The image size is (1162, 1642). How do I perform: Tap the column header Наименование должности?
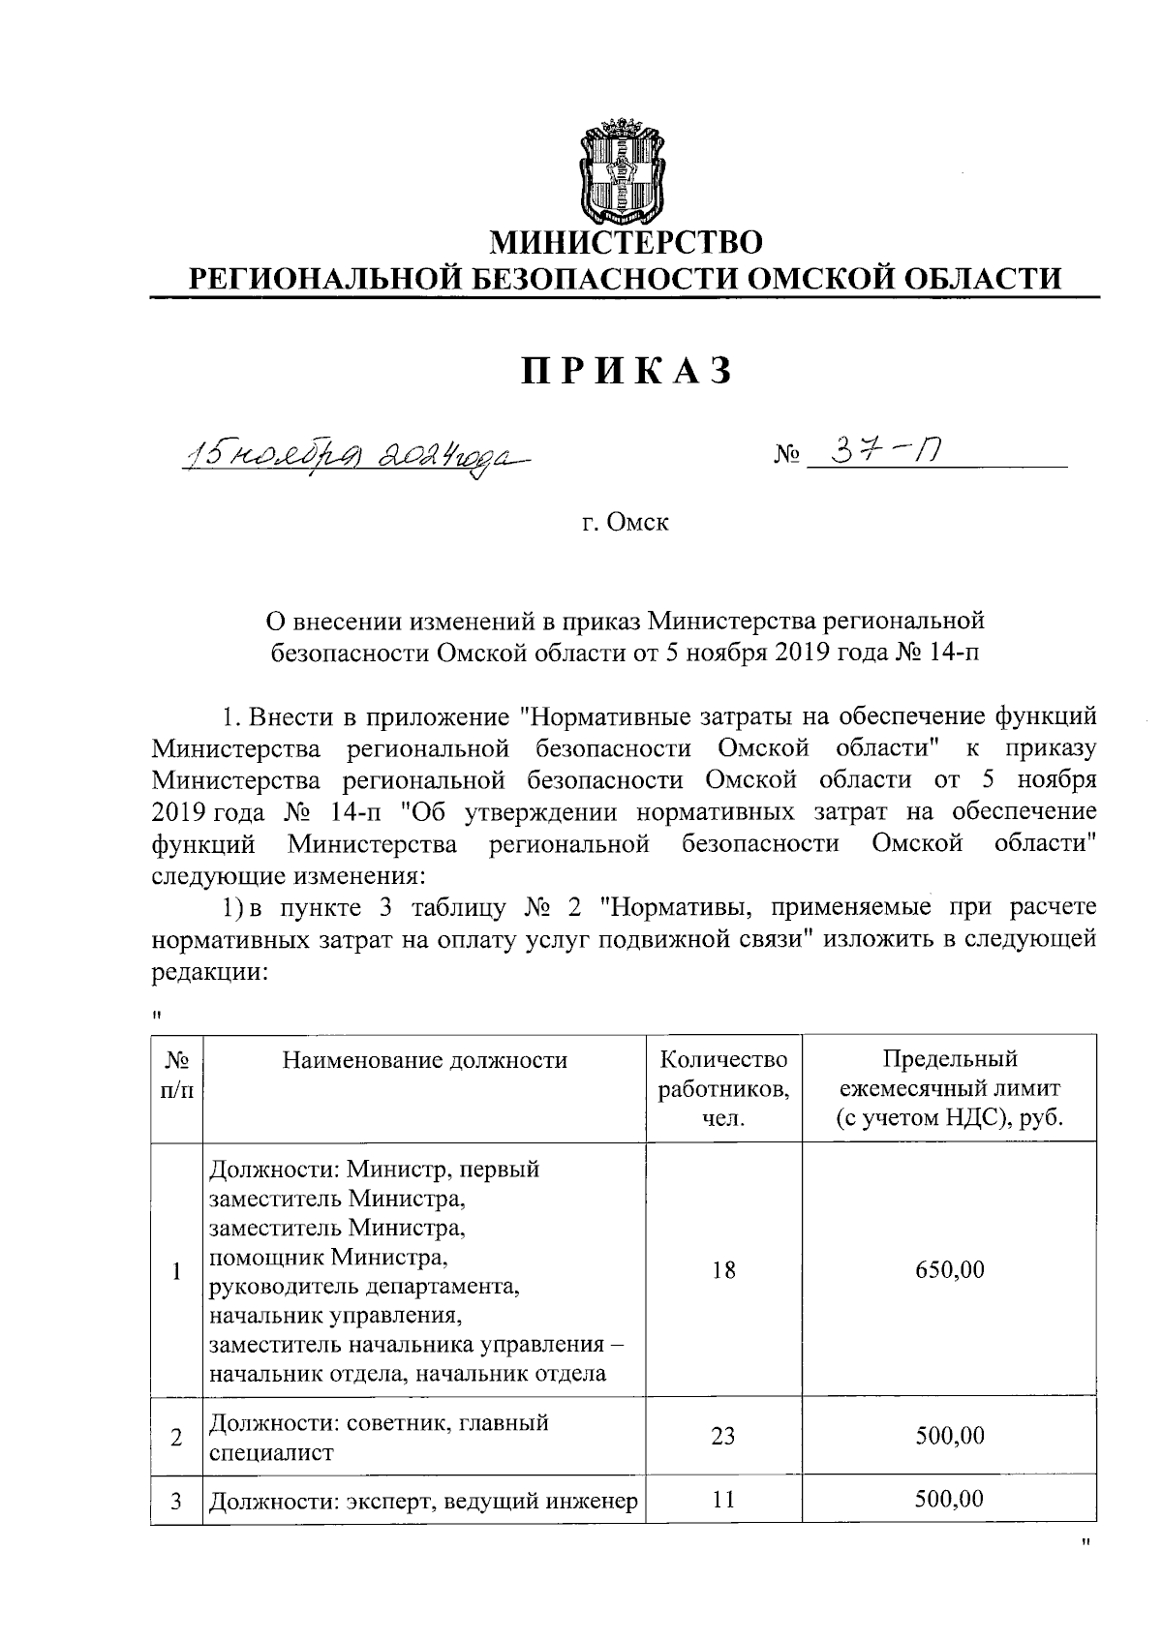[x=424, y=1060]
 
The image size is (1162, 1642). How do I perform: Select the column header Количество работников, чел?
[x=723, y=1088]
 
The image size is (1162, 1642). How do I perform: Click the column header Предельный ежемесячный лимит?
[x=950, y=1088]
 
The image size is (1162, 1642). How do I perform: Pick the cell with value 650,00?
[x=950, y=1269]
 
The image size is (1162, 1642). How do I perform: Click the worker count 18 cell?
[x=723, y=1269]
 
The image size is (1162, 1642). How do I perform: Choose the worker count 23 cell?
[x=723, y=1436]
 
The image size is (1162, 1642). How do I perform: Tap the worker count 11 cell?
[x=723, y=1500]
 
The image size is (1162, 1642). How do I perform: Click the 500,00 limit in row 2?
[x=950, y=1436]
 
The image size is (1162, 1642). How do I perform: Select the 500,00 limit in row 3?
[x=950, y=1500]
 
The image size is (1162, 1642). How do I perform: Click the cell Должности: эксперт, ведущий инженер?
[x=424, y=1502]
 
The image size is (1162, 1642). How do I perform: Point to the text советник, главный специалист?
[x=378, y=1437]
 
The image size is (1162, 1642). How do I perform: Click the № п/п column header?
[x=176, y=1075]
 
